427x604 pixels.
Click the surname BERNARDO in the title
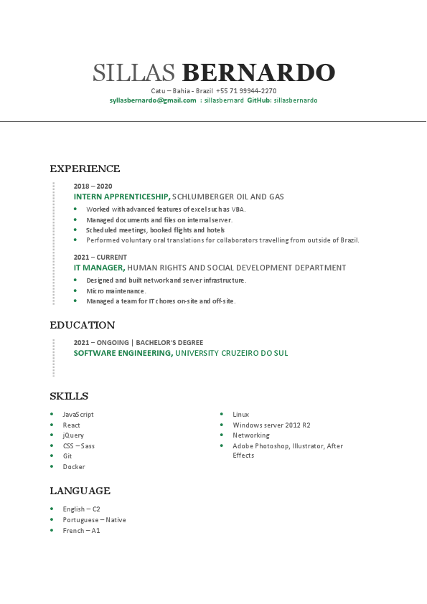258,72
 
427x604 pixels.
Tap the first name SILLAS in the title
134,72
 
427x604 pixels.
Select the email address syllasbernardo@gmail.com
153,100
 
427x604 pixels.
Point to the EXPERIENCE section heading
85,169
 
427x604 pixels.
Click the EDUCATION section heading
83,326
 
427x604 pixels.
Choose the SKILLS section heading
69,397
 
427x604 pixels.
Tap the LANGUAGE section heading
80,491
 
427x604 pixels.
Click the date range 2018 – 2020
93,186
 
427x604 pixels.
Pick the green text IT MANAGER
99,268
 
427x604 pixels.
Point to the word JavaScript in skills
78,415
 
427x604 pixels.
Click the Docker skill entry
74,467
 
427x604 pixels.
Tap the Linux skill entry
241,415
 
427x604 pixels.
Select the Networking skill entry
251,435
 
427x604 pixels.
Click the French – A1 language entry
81,530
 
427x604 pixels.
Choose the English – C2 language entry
81,509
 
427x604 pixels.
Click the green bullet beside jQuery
52,435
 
